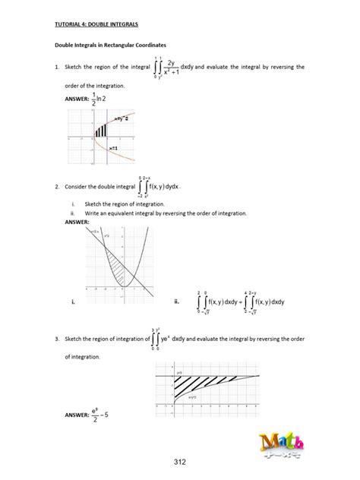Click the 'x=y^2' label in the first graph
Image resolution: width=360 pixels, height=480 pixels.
pos(121,119)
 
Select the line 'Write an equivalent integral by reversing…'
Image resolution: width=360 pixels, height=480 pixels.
pos(165,214)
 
